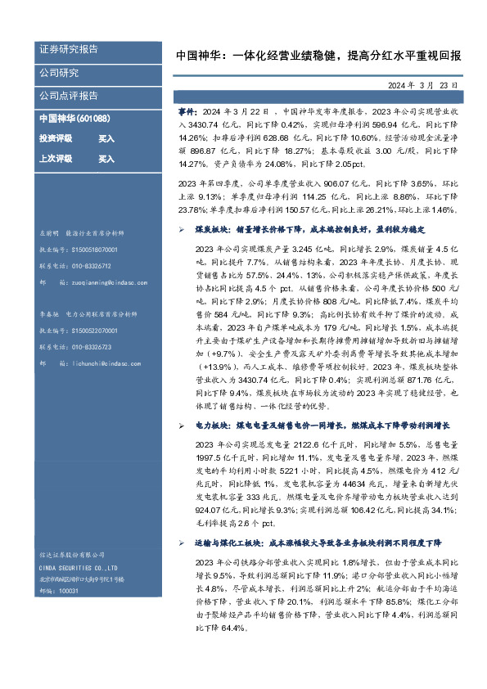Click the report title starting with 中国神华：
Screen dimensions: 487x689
click(318, 56)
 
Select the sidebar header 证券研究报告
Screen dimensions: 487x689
click(69, 49)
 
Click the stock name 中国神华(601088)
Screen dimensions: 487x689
click(75, 119)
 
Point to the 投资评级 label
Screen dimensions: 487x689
click(54, 139)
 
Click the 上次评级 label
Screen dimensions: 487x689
click(54, 159)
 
